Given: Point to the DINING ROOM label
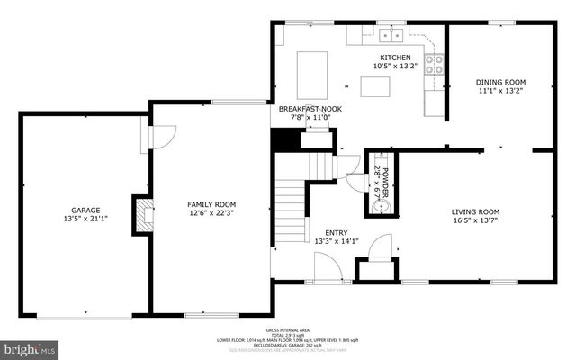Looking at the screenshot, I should [499, 82].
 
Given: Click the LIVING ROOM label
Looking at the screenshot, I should [475, 211].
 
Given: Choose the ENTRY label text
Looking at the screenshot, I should [337, 232].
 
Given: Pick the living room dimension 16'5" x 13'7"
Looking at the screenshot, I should [475, 220].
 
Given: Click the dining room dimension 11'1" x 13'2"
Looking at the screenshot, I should [499, 91].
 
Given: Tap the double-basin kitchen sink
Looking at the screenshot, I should [391, 36].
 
